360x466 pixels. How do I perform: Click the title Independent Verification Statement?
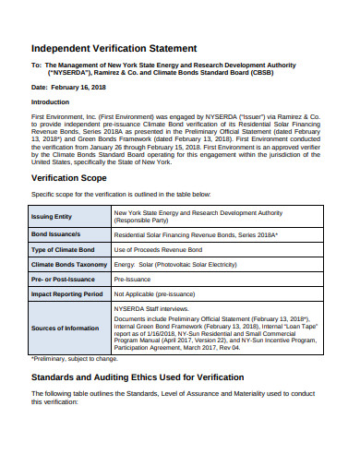pyautogui.click(x=127, y=48)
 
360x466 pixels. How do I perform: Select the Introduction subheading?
pyautogui.click(x=51, y=102)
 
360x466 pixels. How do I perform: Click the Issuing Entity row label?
pyautogui.click(x=53, y=217)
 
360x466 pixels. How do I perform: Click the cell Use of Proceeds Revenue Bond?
pyautogui.click(x=160, y=250)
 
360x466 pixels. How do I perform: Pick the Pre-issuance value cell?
pyautogui.click(x=134, y=278)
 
